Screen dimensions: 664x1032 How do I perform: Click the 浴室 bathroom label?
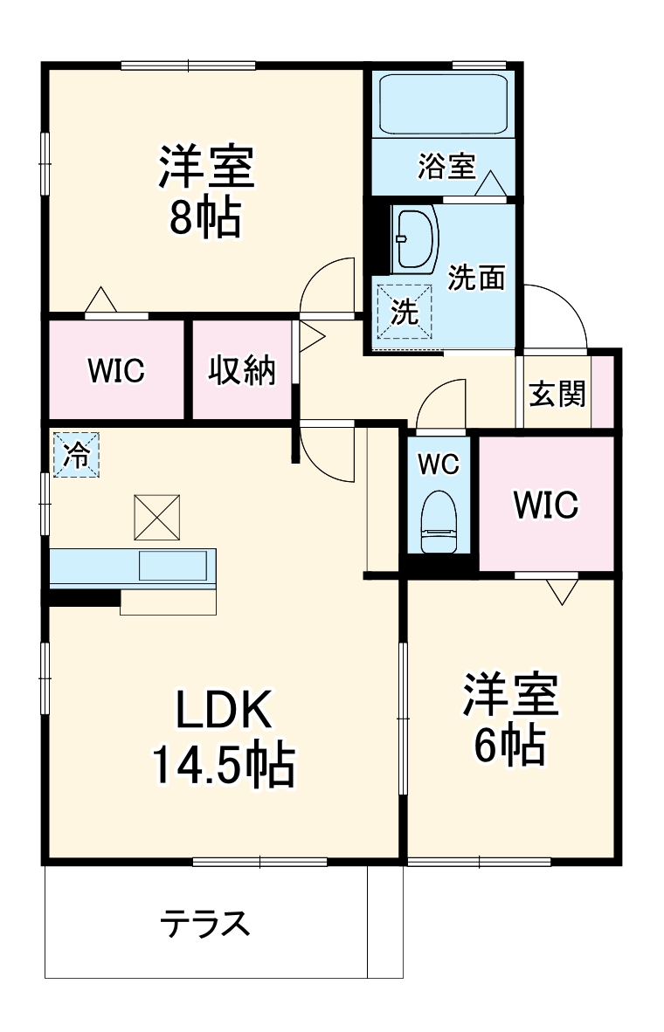coord(446,165)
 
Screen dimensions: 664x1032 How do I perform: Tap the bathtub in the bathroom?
coord(443,105)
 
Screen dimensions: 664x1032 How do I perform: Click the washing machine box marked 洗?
coord(404,312)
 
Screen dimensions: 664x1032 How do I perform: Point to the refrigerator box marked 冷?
coord(76,454)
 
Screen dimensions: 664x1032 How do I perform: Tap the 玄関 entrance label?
coord(557,395)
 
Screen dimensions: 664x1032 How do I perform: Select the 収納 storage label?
coord(241,370)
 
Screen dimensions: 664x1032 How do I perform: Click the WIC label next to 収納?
coord(116,370)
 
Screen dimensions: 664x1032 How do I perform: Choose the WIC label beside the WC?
coord(546,505)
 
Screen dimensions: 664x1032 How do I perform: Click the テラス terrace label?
coord(205,923)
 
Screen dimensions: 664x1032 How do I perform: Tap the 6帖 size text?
coord(510,745)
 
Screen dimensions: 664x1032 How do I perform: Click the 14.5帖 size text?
coord(224,766)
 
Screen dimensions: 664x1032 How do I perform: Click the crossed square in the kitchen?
coord(156,518)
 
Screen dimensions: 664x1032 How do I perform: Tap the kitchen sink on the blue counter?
coord(173,566)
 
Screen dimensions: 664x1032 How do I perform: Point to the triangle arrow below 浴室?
coord(490,183)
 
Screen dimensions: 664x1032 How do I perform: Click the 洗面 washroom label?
coord(477,277)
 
